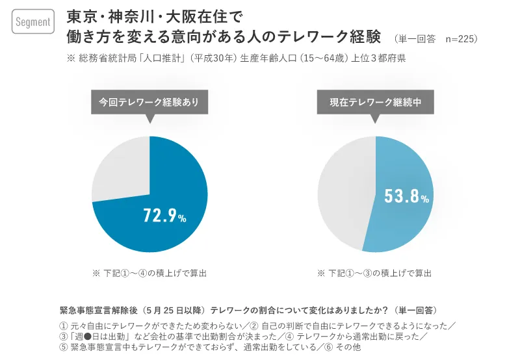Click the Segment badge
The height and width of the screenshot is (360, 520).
[x=32, y=22]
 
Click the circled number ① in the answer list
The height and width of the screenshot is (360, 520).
[x=64, y=325]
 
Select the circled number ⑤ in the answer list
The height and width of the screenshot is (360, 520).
[x=64, y=348]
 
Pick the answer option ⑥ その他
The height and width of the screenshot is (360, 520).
[x=342, y=348]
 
